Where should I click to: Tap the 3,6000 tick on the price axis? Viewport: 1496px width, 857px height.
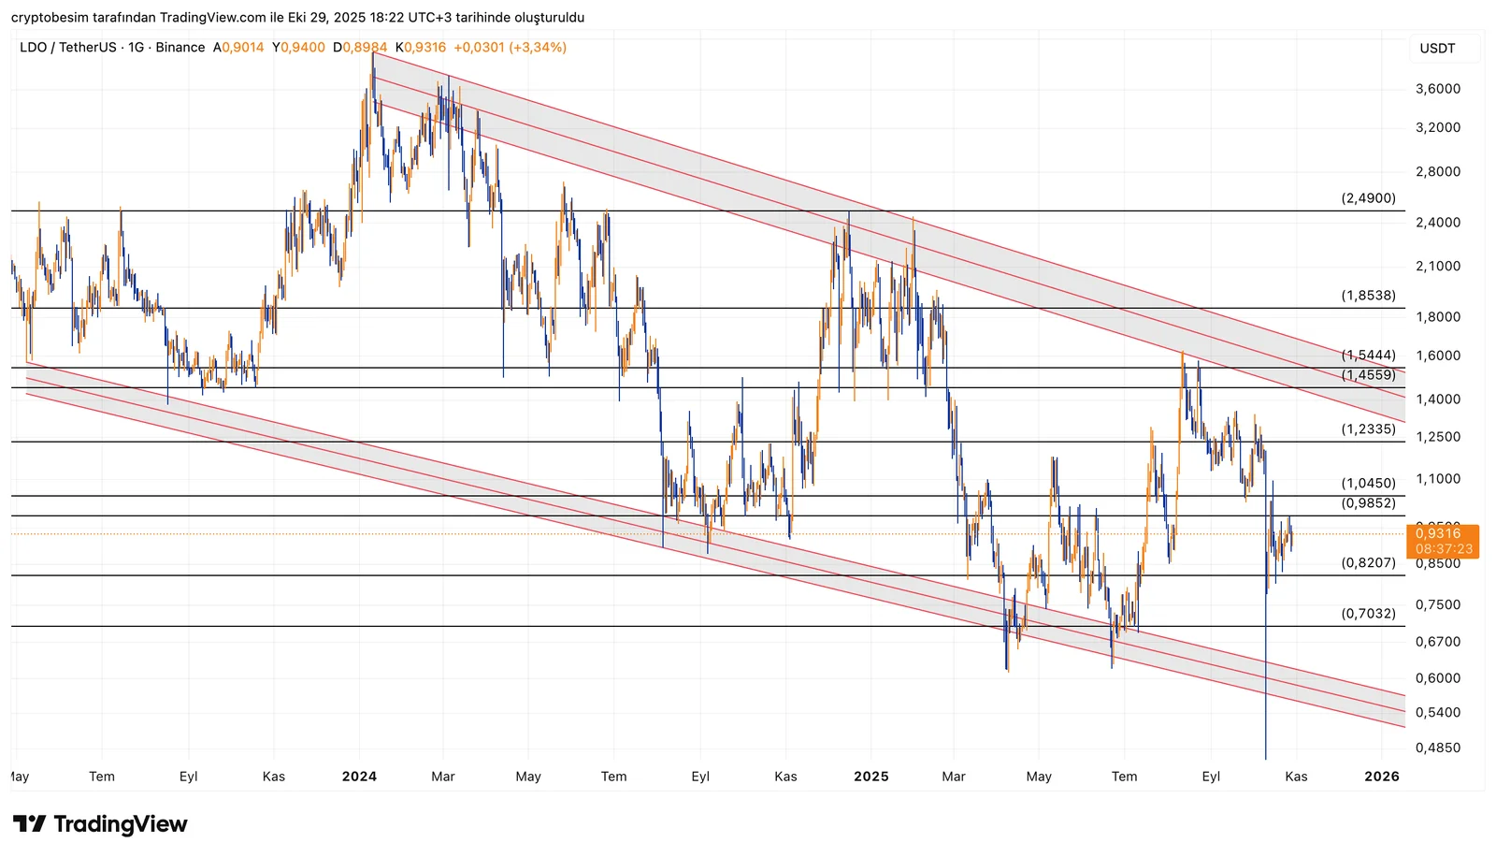pos(1438,89)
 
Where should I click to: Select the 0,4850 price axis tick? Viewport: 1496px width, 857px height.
pos(1438,748)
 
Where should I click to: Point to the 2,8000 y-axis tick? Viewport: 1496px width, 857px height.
pos(1438,172)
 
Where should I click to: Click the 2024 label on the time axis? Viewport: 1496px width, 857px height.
pos(359,777)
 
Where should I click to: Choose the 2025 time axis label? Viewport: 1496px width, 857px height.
pos(870,777)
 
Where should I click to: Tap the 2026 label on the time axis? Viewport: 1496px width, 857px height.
pos(1381,777)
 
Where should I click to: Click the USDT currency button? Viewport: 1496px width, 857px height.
pos(1437,49)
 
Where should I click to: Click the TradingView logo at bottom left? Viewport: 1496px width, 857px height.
pos(100,824)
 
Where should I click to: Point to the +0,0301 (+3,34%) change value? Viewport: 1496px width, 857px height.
pos(511,48)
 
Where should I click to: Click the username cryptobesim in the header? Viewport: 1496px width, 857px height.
pos(51,18)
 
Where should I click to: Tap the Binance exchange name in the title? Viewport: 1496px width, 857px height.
pos(180,48)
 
